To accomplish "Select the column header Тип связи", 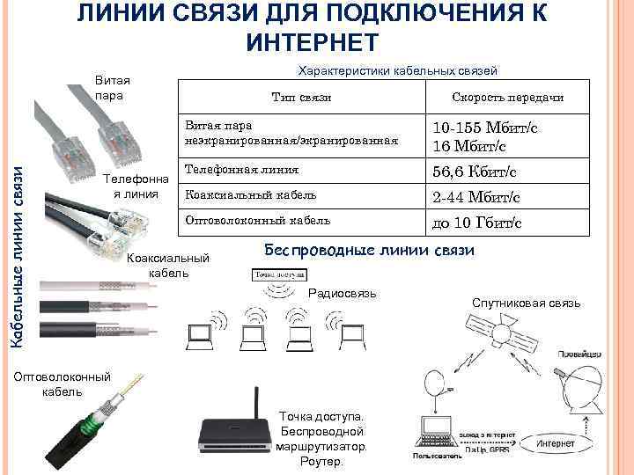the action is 302,97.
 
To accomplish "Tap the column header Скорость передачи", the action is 507,97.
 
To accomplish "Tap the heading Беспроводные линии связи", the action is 369,251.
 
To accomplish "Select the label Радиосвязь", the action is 343,292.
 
